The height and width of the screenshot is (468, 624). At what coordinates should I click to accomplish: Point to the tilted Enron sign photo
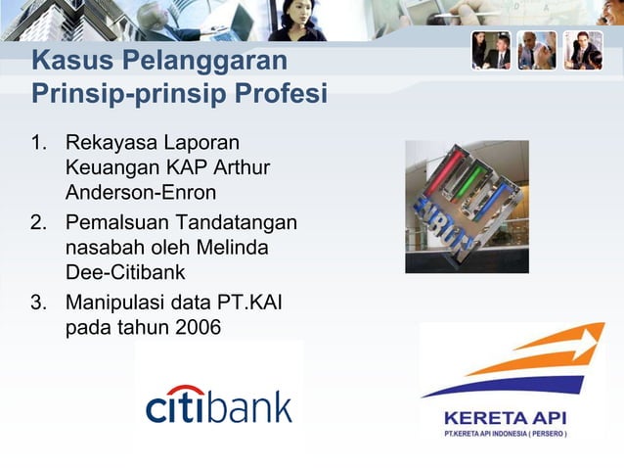(x=467, y=206)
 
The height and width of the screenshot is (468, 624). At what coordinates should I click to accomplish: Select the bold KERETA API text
(x=505, y=416)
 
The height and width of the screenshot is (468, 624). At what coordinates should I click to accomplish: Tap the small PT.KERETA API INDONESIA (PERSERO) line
(x=505, y=434)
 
